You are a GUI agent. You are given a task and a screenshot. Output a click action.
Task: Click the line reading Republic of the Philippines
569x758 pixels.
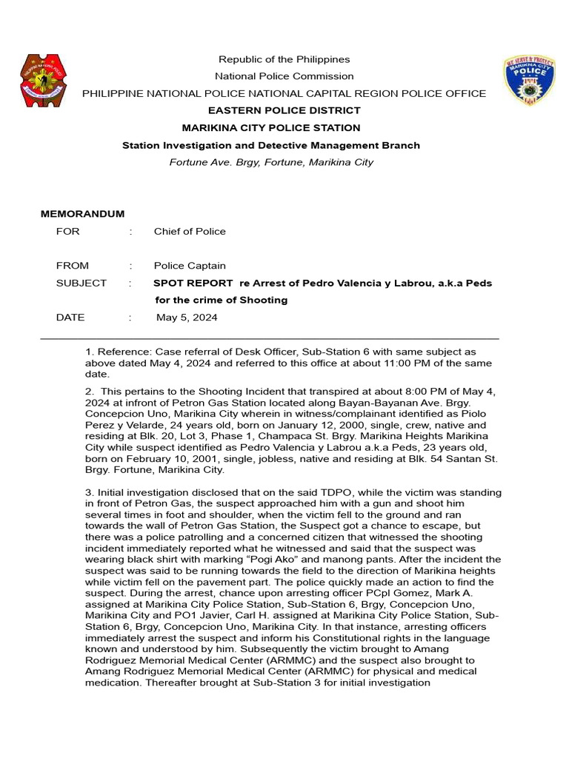pyautogui.click(x=284, y=59)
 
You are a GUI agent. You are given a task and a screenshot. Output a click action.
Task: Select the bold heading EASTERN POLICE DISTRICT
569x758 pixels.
pyautogui.click(x=284, y=110)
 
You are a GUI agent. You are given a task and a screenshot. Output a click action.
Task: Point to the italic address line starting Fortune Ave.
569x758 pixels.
pyautogui.click(x=270, y=162)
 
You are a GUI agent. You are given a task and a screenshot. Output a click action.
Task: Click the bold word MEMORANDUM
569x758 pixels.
pyautogui.click(x=82, y=214)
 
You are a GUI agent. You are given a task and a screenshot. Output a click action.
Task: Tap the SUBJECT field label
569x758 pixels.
pyautogui.click(x=81, y=283)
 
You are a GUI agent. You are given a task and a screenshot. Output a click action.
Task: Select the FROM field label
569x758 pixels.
pyautogui.click(x=73, y=266)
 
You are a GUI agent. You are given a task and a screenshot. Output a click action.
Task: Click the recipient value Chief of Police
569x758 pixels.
pyautogui.click(x=190, y=231)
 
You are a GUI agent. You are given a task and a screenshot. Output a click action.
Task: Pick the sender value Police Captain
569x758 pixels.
pyautogui.click(x=190, y=266)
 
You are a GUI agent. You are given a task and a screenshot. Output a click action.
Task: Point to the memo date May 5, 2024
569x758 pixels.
pyautogui.click(x=187, y=318)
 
